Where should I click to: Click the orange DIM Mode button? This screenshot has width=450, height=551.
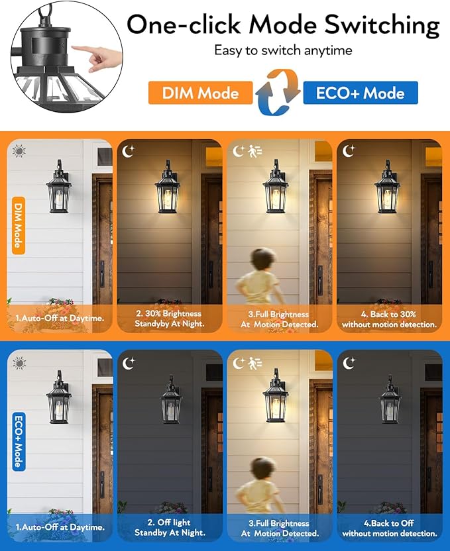tap(199, 93)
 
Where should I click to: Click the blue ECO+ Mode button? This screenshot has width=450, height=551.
tap(360, 93)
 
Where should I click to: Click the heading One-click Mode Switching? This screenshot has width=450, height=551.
tap(283, 25)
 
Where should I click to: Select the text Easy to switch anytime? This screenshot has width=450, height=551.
tap(283, 51)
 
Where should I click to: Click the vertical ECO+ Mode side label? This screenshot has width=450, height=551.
tap(19, 442)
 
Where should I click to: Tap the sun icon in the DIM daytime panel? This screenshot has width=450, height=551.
tap(19, 151)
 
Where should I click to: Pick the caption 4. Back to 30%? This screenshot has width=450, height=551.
tap(389, 319)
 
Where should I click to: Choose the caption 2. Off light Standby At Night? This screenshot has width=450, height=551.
tap(169, 528)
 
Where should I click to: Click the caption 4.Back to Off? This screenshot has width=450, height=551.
tap(389, 528)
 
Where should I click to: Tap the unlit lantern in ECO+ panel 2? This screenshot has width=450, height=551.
tap(171, 401)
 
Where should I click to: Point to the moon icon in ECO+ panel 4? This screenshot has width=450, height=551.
tap(349, 362)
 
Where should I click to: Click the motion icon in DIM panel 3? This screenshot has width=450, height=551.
tap(255, 152)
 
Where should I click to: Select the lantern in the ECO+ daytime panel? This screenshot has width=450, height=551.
tap(60, 399)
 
